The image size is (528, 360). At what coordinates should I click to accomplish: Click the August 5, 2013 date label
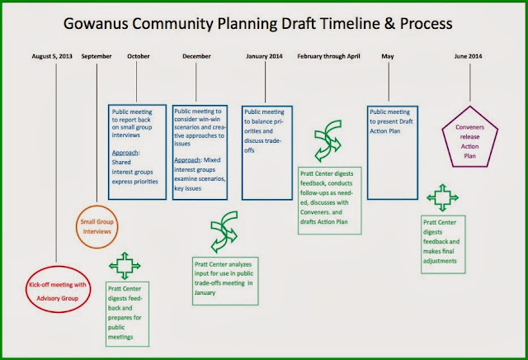pyautogui.click(x=52, y=56)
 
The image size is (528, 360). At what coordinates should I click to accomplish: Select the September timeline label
pyautogui.click(x=97, y=56)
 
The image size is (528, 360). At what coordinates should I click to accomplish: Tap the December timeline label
pyautogui.click(x=196, y=56)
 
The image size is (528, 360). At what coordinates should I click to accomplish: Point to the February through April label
pyautogui.click(x=328, y=56)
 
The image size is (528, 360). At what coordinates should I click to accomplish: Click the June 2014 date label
pyautogui.click(x=468, y=56)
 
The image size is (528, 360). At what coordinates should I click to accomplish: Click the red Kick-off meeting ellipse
pyautogui.click(x=26, y=289)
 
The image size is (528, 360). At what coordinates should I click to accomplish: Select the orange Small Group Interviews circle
pyautogui.click(x=77, y=227)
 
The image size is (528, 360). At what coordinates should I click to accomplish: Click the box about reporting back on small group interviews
pyautogui.click(x=109, y=152)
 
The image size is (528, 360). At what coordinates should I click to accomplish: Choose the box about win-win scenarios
pyautogui.click(x=172, y=153)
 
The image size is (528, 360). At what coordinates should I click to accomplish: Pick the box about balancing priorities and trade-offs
pyautogui.click(x=242, y=153)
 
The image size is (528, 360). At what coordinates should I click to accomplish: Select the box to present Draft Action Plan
pyautogui.click(x=367, y=153)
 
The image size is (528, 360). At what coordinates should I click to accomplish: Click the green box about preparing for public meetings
pyautogui.click(x=106, y=314)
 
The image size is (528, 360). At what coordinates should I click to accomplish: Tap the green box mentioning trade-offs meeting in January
pyautogui.click(x=193, y=281)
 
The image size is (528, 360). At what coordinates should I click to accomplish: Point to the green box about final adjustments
pyautogui.click(x=422, y=244)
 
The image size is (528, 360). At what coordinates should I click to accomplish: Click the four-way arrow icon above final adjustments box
pyautogui.click(x=442, y=197)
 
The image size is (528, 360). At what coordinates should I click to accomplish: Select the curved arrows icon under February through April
pyautogui.click(x=328, y=141)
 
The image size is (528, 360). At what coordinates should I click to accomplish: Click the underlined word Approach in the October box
pyautogui.click(x=125, y=153)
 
